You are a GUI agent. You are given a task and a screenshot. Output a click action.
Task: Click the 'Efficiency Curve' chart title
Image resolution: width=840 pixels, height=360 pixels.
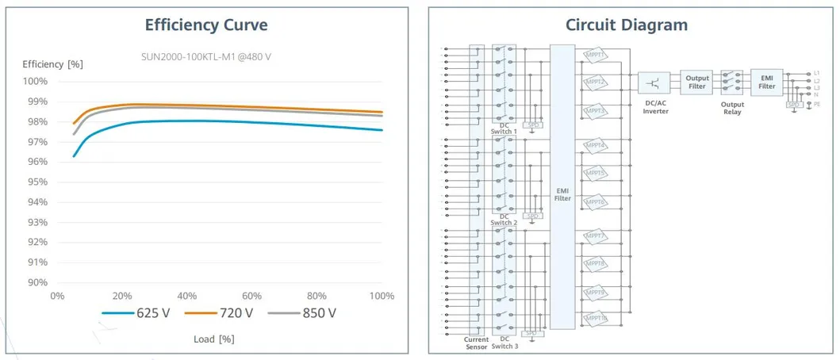pyautogui.click(x=206, y=25)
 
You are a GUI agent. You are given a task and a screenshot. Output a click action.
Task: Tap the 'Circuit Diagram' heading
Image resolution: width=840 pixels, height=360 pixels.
pyautogui.click(x=626, y=25)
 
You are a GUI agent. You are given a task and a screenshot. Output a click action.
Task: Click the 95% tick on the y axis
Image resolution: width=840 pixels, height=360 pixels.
pyautogui.click(x=36, y=182)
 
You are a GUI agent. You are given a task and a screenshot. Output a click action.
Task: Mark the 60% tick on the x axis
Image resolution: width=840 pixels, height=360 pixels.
pyautogui.click(x=251, y=296)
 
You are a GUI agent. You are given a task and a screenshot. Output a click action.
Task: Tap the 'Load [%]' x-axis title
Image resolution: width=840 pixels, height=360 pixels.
pyautogui.click(x=214, y=339)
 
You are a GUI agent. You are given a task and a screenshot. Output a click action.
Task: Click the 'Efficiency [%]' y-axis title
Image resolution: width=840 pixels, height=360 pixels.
pyautogui.click(x=52, y=63)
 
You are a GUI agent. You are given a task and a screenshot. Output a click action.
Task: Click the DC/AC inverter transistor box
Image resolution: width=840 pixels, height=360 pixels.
pyautogui.click(x=654, y=82)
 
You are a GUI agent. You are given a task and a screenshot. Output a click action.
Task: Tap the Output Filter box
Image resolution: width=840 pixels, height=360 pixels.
pyautogui.click(x=696, y=82)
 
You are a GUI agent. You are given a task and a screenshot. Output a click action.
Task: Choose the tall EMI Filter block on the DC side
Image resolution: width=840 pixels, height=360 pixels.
pyautogui.click(x=562, y=186)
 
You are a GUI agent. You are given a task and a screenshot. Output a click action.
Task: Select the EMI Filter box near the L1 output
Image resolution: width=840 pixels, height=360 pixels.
pyautogui.click(x=766, y=82)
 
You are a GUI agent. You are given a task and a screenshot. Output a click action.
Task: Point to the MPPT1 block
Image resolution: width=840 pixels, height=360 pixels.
pyautogui.click(x=595, y=55)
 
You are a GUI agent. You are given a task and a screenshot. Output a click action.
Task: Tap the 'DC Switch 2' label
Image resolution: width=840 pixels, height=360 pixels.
pyautogui.click(x=504, y=220)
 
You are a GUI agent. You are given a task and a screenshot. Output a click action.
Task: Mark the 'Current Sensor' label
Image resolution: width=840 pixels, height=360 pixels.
pyautogui.click(x=476, y=343)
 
